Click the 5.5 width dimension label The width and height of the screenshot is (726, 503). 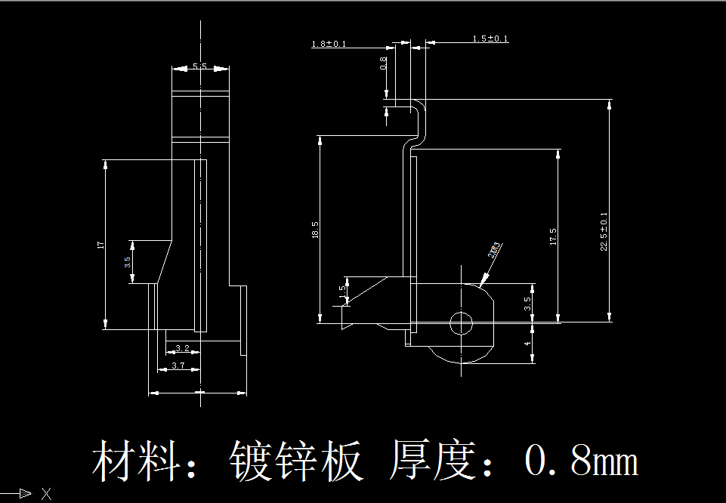coord(199,67)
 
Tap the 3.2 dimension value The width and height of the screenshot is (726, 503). coord(182,348)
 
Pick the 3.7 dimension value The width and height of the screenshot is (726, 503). coord(178,366)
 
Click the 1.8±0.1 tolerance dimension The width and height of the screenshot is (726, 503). coord(329,44)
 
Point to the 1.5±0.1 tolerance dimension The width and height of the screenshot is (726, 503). coord(490,39)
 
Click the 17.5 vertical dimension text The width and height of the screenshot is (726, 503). coord(553,236)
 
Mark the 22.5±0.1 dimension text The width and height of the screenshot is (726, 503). coord(604,232)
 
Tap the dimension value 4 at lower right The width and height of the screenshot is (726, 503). coord(528,344)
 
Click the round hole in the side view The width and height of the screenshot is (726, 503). coord(461,323)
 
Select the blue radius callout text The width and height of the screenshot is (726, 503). coord(495,250)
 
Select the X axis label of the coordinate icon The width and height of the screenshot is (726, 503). coord(46,494)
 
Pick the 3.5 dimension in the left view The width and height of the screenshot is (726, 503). coord(128,262)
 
